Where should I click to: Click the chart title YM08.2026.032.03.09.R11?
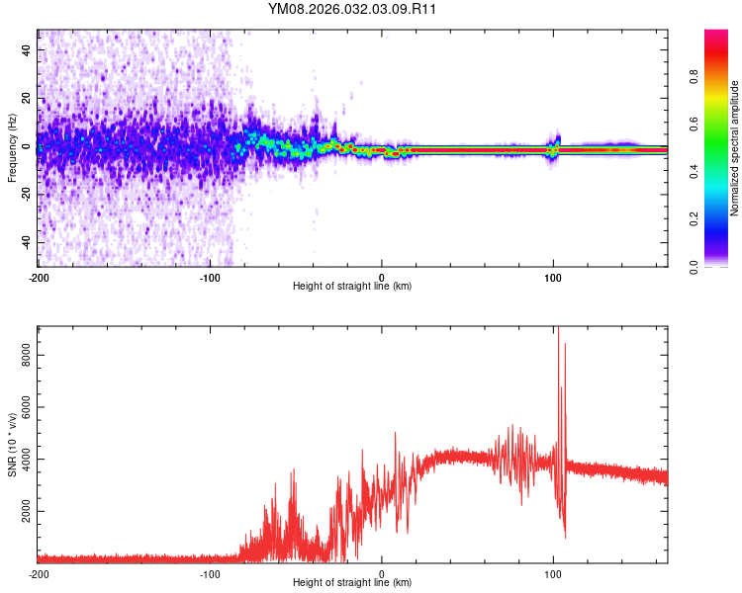(352, 9)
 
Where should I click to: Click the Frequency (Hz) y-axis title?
(11, 147)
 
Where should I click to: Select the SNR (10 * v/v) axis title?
(11, 445)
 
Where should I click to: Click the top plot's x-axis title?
(352, 286)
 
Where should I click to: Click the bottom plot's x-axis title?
(352, 582)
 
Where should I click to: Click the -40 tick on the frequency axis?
(25, 242)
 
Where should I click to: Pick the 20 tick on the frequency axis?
(27, 97)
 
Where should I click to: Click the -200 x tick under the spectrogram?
(38, 276)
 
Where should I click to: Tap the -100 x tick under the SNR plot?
(210, 573)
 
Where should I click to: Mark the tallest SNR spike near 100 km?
(559, 329)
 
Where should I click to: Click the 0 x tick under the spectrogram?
(382, 276)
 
